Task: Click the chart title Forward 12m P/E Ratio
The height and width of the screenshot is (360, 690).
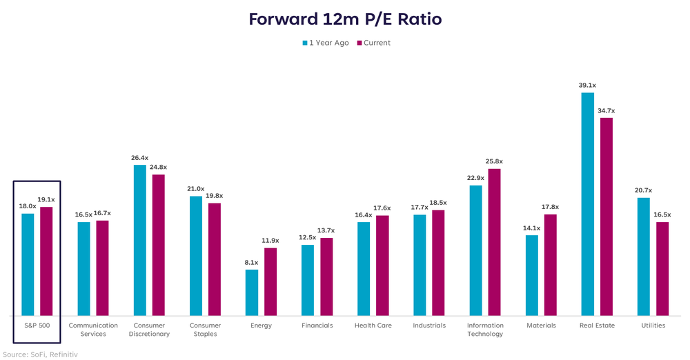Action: click(x=344, y=19)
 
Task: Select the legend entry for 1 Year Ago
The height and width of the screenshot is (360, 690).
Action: click(x=328, y=43)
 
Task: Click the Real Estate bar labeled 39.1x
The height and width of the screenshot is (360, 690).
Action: click(x=587, y=203)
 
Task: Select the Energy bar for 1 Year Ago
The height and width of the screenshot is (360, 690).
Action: click(x=252, y=292)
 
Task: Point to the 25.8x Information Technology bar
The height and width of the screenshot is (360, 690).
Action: click(x=494, y=241)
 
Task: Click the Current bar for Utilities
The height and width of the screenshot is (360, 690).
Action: click(x=662, y=268)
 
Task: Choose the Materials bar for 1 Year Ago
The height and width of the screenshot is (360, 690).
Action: click(x=531, y=274)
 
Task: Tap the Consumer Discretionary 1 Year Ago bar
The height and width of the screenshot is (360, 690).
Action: click(x=139, y=239)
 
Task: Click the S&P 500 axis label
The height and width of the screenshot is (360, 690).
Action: click(x=37, y=326)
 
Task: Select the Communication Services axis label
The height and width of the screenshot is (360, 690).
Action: click(x=93, y=330)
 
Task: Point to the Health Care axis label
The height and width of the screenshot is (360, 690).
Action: click(x=373, y=326)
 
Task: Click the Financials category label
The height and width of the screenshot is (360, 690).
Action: click(x=317, y=326)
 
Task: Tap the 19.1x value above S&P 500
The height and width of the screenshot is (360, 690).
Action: click(x=46, y=200)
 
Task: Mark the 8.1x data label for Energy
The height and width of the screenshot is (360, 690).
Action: click(x=252, y=263)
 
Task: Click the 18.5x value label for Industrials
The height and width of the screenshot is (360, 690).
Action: click(x=437, y=203)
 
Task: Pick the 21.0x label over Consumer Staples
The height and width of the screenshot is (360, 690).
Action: click(x=196, y=189)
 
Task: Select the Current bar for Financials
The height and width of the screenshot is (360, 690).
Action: click(x=326, y=276)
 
